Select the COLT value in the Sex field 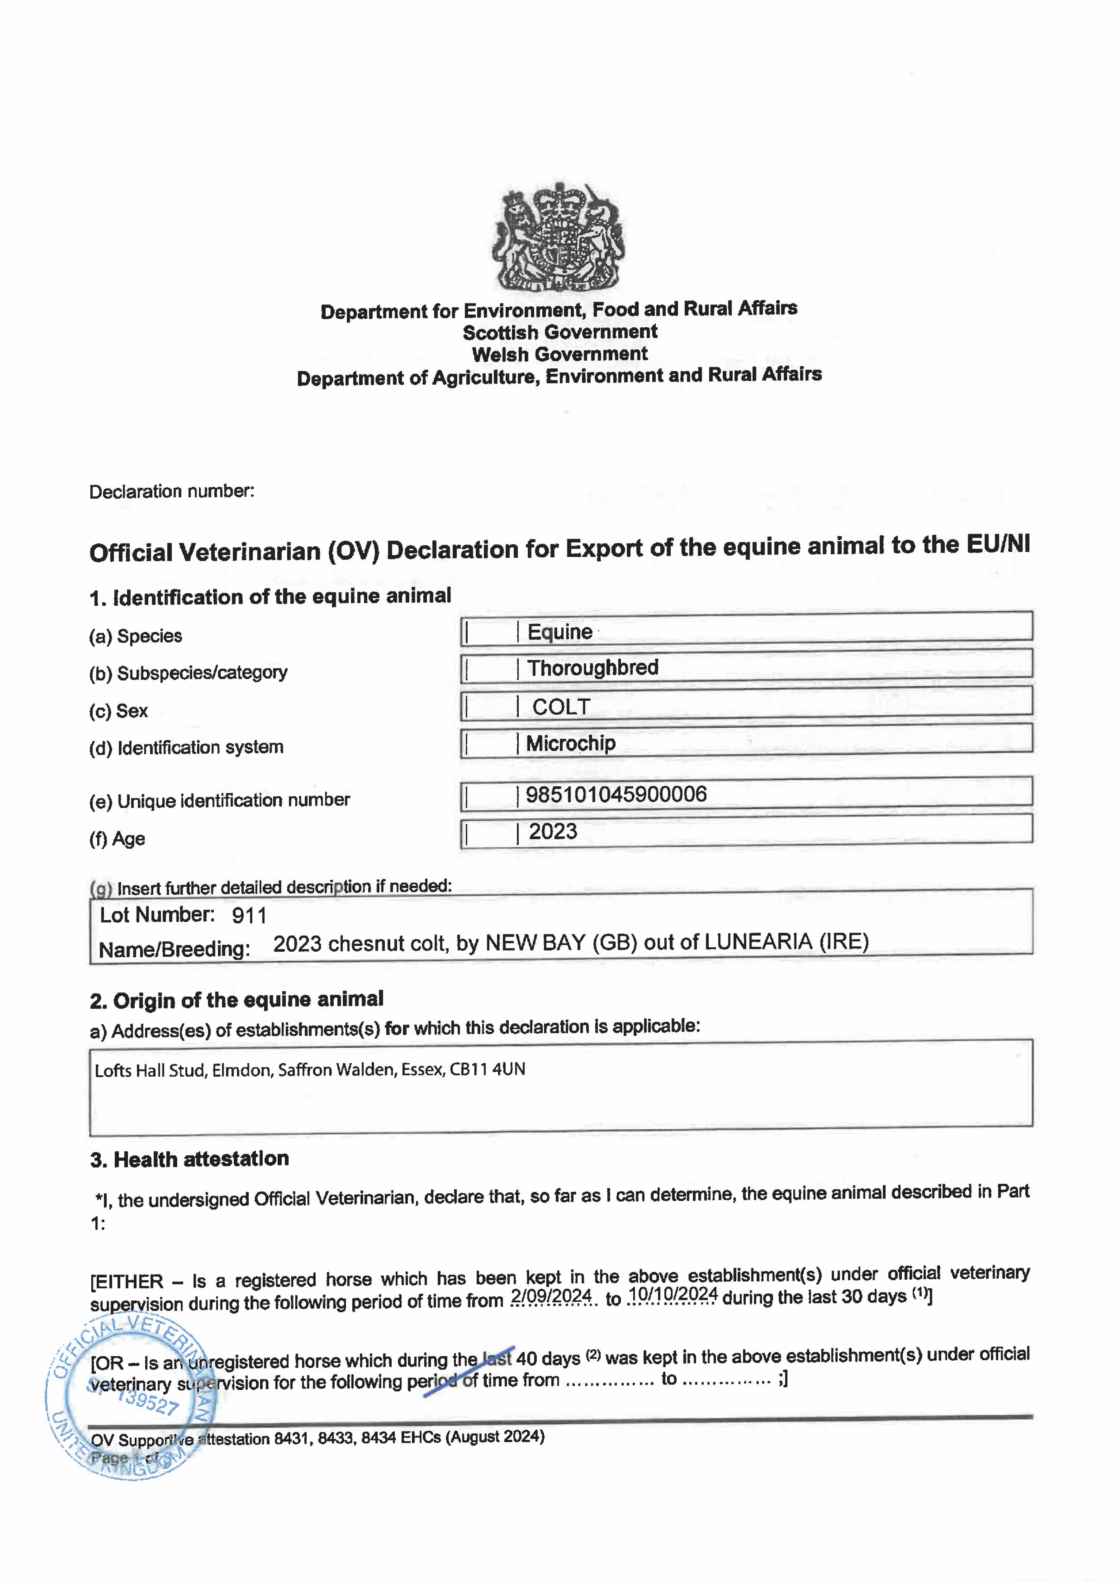(x=561, y=707)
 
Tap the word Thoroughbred (x=593, y=668)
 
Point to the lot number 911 (x=249, y=916)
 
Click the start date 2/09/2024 (x=551, y=1297)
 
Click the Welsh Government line (x=560, y=354)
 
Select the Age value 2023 (x=553, y=831)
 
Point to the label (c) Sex (x=119, y=711)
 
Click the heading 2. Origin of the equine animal (x=237, y=1000)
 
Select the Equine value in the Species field (x=560, y=632)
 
